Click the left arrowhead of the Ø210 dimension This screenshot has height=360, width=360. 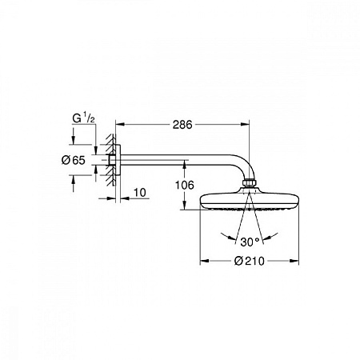click(x=202, y=260)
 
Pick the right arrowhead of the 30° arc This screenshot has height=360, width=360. click(x=276, y=233)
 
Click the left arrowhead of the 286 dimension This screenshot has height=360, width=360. click(x=119, y=125)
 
